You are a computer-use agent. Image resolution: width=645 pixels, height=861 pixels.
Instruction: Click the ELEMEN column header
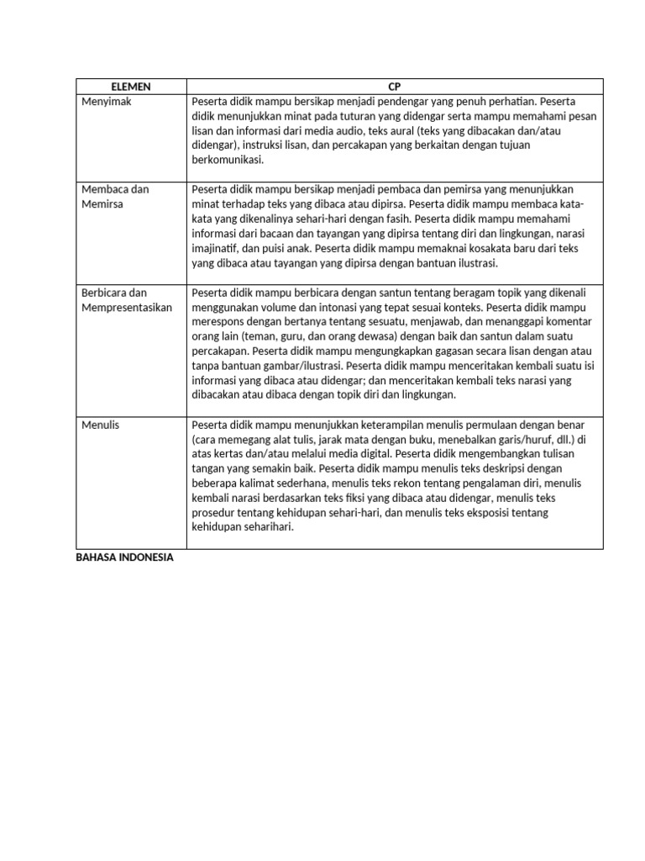130,87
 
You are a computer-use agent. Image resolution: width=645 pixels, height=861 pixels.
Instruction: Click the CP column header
394,87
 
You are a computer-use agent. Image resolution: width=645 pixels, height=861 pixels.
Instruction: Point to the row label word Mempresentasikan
127,307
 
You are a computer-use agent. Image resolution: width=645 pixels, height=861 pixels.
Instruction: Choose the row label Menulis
101,425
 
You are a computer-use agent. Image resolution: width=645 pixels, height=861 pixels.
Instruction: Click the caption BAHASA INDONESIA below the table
124,557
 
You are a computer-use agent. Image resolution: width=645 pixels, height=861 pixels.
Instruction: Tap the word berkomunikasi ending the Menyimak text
228,161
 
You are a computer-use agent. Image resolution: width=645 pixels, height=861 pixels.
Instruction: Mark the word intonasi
346,307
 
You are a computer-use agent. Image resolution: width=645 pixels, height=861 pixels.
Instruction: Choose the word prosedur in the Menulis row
216,513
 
